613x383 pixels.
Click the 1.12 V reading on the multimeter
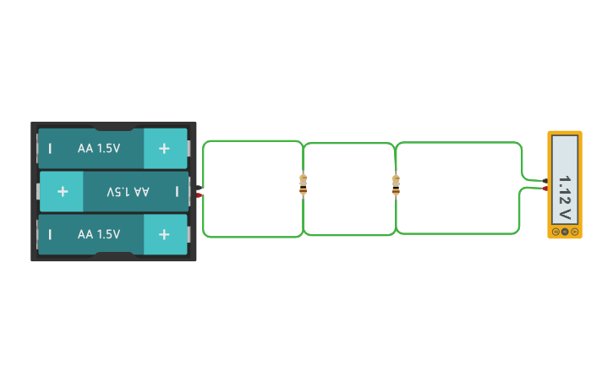565,197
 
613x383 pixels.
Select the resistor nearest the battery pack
304,184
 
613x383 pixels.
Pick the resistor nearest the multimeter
396,184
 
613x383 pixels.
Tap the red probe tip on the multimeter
546,189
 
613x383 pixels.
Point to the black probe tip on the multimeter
546,180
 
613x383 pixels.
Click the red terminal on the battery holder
200,195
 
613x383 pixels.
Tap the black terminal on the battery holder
200,187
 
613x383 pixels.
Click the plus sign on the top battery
164,149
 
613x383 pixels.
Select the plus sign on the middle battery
63,192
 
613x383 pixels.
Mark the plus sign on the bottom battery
164,234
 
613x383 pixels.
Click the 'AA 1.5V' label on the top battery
99,149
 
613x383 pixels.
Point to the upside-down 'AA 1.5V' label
128,192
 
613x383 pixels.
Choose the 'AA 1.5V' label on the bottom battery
99,234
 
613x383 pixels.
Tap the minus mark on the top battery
50,149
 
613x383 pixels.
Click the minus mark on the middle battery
177,192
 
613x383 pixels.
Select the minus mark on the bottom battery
50,234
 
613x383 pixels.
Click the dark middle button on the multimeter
565,231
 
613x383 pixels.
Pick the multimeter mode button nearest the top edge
556,231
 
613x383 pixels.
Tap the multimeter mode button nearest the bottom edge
574,231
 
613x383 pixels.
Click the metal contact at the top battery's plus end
189,149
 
